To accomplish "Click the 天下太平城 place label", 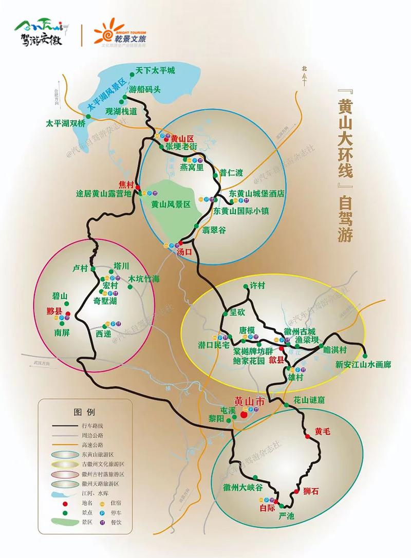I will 155,70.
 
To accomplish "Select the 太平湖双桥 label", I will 66,123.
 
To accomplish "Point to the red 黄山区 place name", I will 182,138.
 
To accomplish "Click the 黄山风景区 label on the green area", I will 171,204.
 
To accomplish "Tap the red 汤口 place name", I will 184,252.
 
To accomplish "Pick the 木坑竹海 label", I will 144,279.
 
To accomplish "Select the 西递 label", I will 103,333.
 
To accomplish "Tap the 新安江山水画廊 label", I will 363,364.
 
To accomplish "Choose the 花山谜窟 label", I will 309,400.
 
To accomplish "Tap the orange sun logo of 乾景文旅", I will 106,33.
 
